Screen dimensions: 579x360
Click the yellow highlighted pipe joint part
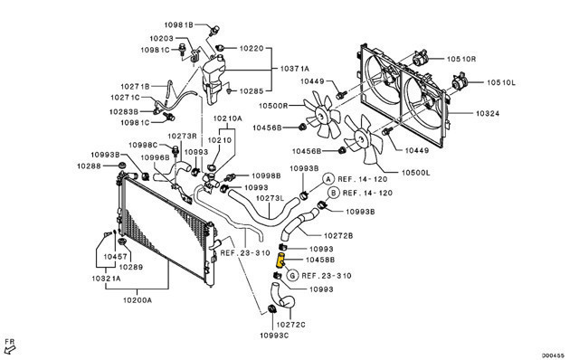click(281, 261)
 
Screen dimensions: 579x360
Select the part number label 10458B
click(320, 260)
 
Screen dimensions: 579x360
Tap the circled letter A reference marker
click(327, 179)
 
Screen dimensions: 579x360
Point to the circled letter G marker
click(291, 276)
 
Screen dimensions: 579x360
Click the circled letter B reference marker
click(333, 193)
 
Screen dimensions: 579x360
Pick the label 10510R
click(461, 59)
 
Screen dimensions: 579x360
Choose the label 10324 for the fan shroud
click(488, 113)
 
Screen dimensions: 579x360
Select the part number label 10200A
click(138, 299)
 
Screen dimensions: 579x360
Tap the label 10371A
click(294, 69)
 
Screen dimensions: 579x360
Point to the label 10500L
click(416, 173)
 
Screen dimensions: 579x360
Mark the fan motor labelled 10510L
click(460, 82)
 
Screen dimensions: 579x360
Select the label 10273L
click(270, 198)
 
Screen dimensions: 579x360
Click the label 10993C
click(274, 336)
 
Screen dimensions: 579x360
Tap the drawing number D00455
click(553, 355)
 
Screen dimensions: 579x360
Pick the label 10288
click(89, 166)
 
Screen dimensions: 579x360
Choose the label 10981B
click(179, 24)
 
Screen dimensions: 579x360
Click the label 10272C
click(290, 325)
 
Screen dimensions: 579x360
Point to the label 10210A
click(227, 118)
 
